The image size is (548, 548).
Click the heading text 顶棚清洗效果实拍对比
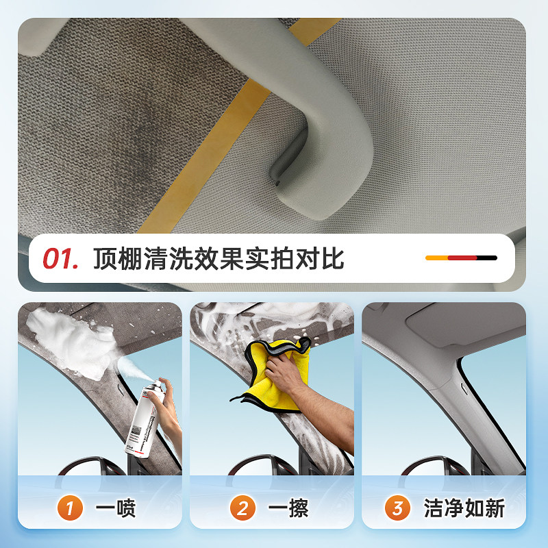(218, 259)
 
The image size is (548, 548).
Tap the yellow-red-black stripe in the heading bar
(461, 258)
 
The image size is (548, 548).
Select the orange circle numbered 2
(242, 509)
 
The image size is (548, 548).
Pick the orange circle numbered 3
(397, 509)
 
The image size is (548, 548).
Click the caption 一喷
(116, 509)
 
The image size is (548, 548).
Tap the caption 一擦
(288, 509)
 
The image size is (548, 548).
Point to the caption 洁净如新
(464, 509)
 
